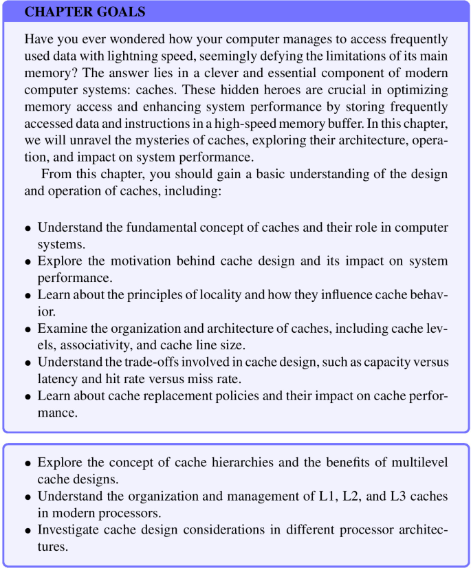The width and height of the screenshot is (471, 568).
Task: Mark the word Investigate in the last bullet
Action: tap(69, 532)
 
